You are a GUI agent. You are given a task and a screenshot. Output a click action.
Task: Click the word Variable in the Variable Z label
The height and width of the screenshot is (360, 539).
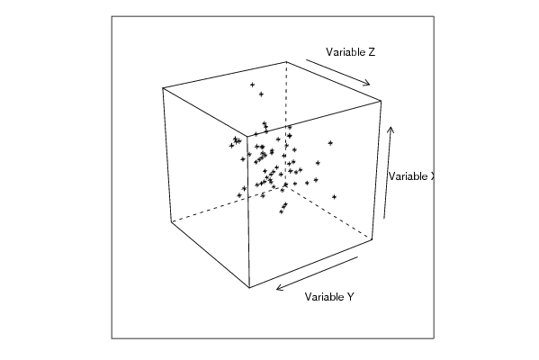tap(346, 52)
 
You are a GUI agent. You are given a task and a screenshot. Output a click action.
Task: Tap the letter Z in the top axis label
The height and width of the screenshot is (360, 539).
tap(372, 52)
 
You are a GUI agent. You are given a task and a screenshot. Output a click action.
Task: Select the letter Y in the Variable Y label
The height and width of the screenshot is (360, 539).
tap(350, 296)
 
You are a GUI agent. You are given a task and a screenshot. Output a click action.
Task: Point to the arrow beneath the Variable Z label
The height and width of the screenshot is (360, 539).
tap(338, 72)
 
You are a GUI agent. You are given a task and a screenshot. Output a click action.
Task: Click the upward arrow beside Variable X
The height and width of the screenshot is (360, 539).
tap(388, 173)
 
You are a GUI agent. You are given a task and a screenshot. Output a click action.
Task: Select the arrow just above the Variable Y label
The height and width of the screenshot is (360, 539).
tap(318, 273)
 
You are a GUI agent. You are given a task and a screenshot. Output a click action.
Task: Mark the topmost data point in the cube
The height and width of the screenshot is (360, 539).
tap(252, 85)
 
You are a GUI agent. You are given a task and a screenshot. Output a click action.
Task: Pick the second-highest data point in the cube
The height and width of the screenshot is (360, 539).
tap(261, 94)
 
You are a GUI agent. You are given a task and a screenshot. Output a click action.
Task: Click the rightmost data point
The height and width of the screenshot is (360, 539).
tap(334, 197)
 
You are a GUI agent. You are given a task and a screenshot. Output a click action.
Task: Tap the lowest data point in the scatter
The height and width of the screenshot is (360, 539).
tap(281, 211)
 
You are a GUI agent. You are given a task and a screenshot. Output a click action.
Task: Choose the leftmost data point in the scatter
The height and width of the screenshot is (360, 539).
tap(231, 146)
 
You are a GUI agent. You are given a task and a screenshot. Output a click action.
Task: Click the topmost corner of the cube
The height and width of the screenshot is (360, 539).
tap(286, 62)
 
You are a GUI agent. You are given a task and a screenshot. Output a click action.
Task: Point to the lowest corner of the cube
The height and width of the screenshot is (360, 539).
tap(249, 287)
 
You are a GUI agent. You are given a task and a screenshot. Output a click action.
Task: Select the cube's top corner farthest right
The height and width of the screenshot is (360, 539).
tap(381, 101)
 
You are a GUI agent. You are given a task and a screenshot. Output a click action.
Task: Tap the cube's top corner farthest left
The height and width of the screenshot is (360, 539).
tap(163, 88)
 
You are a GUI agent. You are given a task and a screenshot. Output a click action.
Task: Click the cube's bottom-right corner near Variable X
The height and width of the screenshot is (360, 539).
tap(373, 239)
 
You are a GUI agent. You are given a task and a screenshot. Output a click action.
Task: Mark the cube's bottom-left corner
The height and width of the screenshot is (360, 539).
tap(171, 222)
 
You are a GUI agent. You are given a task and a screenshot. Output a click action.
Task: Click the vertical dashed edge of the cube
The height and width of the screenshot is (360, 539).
tap(285, 124)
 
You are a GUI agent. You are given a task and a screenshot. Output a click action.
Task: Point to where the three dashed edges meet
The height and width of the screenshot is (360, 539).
tap(285, 187)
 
